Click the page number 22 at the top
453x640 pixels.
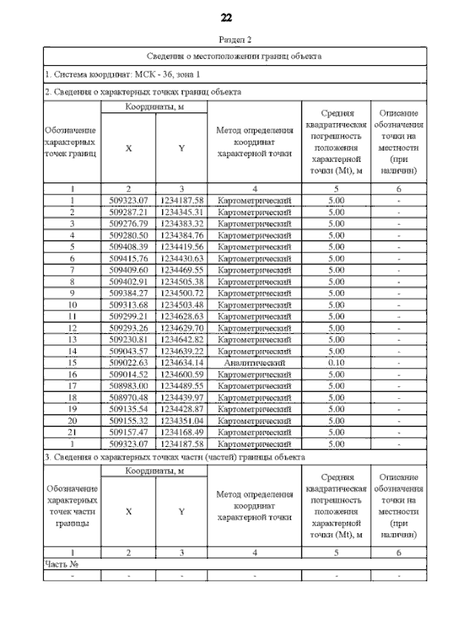click(x=226, y=18)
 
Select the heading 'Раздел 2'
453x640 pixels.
click(x=226, y=40)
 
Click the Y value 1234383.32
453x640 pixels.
click(x=182, y=223)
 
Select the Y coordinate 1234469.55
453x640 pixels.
click(x=182, y=269)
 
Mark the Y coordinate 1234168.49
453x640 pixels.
click(x=182, y=431)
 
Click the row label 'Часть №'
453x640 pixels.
click(x=61, y=564)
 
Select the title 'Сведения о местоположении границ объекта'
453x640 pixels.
click(x=234, y=55)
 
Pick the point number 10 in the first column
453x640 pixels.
click(x=71, y=304)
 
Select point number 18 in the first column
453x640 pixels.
click(x=71, y=397)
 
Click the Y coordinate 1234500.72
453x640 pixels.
click(x=182, y=293)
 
